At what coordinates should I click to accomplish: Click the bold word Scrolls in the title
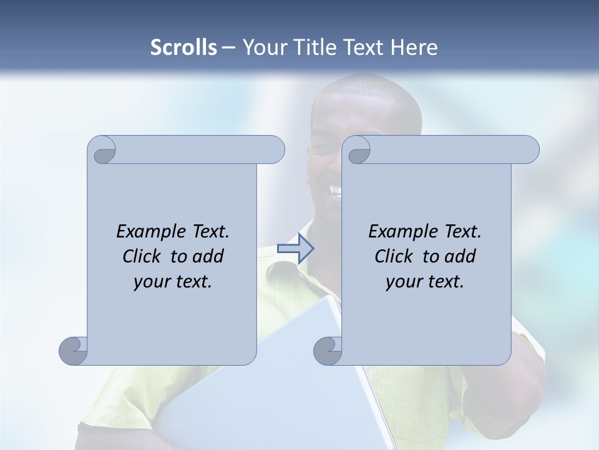184,47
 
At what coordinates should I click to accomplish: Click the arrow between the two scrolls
295,248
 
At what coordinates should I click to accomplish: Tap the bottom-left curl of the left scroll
74,350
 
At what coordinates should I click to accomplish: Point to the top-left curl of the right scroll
358,150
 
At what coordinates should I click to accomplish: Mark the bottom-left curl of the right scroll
328,350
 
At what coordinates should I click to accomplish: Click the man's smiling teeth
336,189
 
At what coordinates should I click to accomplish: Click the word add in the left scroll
208,256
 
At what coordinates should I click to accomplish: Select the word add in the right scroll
460,256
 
